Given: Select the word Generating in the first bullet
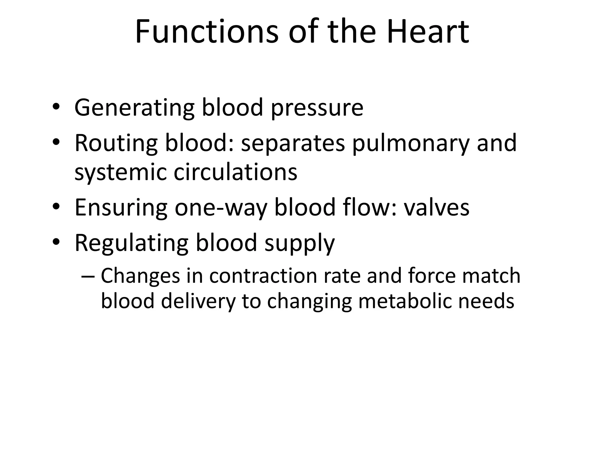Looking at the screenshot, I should (134, 108).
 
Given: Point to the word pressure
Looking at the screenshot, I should (317, 108).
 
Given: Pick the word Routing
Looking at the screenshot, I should (116, 143).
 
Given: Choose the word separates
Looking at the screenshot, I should (293, 143).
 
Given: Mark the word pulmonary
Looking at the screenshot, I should (411, 143).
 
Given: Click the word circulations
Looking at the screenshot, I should (235, 172).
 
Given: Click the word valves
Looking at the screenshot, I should (436, 208).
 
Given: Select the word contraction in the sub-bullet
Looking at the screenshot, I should (263, 276).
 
